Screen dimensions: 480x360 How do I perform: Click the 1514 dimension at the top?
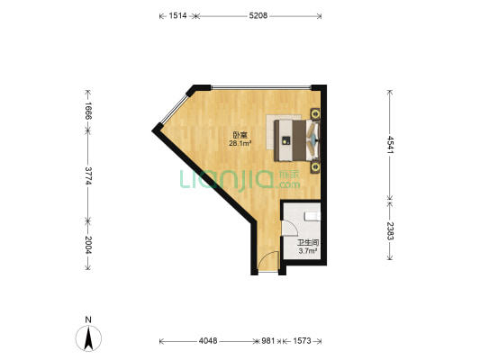click(177, 15)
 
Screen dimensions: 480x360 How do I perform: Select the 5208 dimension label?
click(258, 15)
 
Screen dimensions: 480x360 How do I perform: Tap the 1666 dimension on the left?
click(88, 111)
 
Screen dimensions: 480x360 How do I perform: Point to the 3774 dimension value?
click(88, 175)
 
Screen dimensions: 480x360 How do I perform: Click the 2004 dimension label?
click(88, 245)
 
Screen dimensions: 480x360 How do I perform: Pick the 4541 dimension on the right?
click(390, 144)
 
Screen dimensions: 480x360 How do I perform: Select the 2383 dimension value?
click(390, 231)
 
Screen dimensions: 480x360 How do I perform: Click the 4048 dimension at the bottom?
click(208, 341)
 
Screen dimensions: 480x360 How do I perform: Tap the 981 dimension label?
click(267, 341)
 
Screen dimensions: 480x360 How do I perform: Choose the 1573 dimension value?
click(302, 341)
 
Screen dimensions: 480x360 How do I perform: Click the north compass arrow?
click(88, 338)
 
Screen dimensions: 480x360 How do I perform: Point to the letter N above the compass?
click(88, 319)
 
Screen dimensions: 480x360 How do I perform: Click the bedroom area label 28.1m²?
click(240, 143)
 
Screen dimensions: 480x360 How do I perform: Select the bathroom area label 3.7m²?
click(307, 251)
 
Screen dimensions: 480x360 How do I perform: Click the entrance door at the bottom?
click(268, 261)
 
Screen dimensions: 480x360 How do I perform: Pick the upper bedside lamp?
click(315, 113)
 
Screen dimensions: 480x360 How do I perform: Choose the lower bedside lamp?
click(315, 167)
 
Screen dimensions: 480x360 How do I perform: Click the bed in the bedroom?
click(297, 140)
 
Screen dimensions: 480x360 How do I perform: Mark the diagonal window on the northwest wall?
click(174, 109)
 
